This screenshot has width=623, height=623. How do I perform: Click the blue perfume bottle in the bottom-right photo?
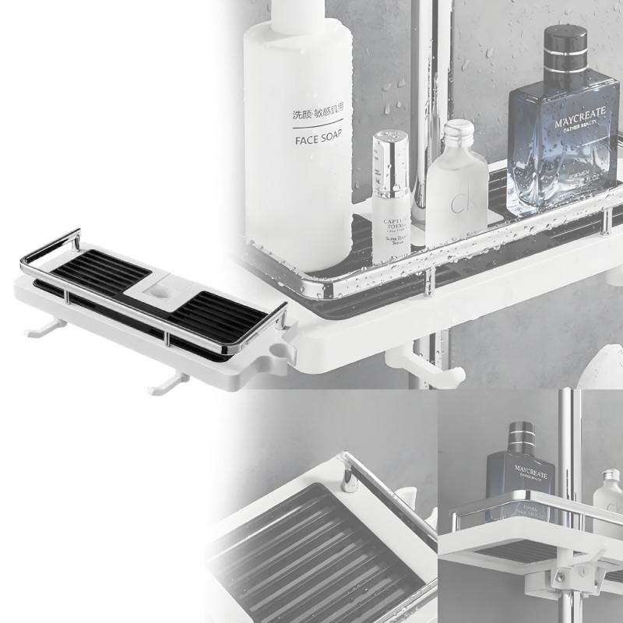(519, 475)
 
